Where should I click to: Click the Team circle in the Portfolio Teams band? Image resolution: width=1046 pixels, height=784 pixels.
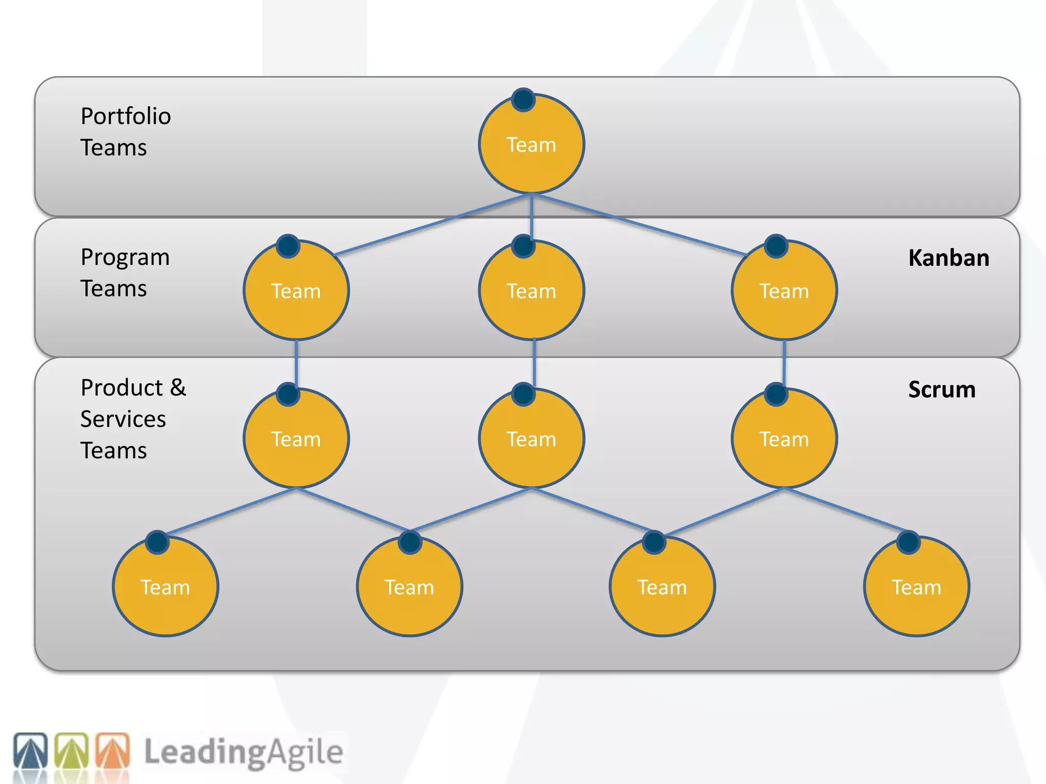tap(531, 144)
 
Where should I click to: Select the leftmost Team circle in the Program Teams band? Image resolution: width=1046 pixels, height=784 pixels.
tap(296, 291)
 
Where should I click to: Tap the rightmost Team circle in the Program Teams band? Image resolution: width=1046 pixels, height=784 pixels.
tap(784, 291)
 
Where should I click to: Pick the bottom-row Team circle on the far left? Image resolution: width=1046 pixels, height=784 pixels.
tap(165, 587)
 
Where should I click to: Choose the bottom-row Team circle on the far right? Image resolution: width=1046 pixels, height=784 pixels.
tap(916, 587)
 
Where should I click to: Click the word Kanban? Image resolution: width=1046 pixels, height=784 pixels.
tap(948, 258)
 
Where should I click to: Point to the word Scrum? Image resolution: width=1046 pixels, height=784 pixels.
tap(941, 390)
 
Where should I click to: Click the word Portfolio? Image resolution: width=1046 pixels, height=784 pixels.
tap(126, 117)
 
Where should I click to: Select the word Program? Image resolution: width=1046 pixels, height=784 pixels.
tap(125, 258)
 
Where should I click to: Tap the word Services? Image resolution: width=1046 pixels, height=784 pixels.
tap(123, 420)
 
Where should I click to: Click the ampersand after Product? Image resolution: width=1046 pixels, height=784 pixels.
tap(178, 388)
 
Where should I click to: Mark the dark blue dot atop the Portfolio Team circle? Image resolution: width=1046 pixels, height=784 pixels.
tap(524, 100)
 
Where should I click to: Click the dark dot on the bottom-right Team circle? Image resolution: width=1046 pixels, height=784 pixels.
tap(908, 542)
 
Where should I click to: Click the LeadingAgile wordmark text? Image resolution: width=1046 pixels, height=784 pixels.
tap(243, 752)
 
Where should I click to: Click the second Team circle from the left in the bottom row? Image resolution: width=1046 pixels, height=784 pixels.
tap(409, 587)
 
